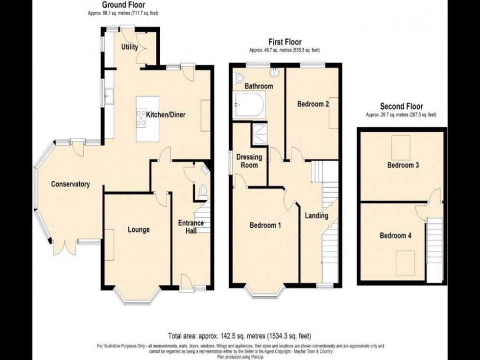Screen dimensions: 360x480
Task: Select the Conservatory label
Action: pyautogui.click(x=71, y=185)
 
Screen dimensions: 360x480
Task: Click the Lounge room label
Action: pyautogui.click(x=139, y=229)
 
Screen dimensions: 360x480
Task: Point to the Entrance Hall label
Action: pyautogui.click(x=191, y=227)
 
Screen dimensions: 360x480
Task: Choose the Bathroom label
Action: pyautogui.click(x=259, y=86)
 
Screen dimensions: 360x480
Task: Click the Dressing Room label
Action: pyautogui.click(x=249, y=161)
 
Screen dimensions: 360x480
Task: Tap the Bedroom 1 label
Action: pyautogui.click(x=265, y=226)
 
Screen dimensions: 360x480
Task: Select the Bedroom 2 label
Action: pyautogui.click(x=312, y=104)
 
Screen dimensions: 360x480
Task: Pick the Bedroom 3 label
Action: pyautogui.click(x=403, y=165)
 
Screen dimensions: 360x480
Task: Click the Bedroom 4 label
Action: pyautogui.click(x=395, y=236)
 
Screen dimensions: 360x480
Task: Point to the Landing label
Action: pyautogui.click(x=316, y=216)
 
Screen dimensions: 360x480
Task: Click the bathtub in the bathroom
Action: pyautogui.click(x=249, y=105)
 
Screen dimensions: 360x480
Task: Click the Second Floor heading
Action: pyautogui.click(x=401, y=106)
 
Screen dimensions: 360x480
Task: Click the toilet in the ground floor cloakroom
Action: pyautogui.click(x=202, y=192)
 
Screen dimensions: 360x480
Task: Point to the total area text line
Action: pyautogui.click(x=240, y=336)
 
